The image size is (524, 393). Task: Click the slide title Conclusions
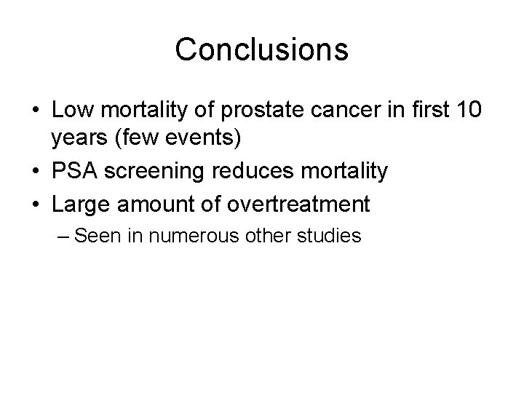click(261, 49)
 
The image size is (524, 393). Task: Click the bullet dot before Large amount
click(36, 205)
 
